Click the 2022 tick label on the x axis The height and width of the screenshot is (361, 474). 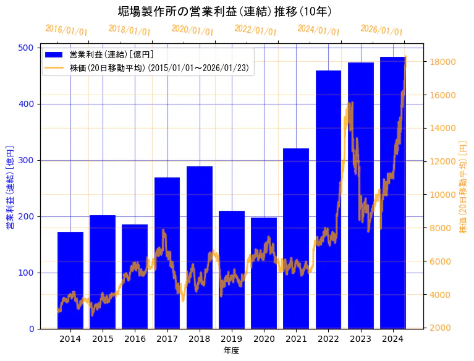click(328, 339)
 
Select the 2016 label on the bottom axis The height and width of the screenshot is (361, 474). click(135, 339)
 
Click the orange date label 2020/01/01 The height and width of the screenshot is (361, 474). click(192, 30)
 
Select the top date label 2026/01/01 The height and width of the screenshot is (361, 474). click(381, 30)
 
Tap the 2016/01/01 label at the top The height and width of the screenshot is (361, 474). click(66, 30)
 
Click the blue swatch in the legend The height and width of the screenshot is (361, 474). click(54, 54)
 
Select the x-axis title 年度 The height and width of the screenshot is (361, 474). click(231, 350)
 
